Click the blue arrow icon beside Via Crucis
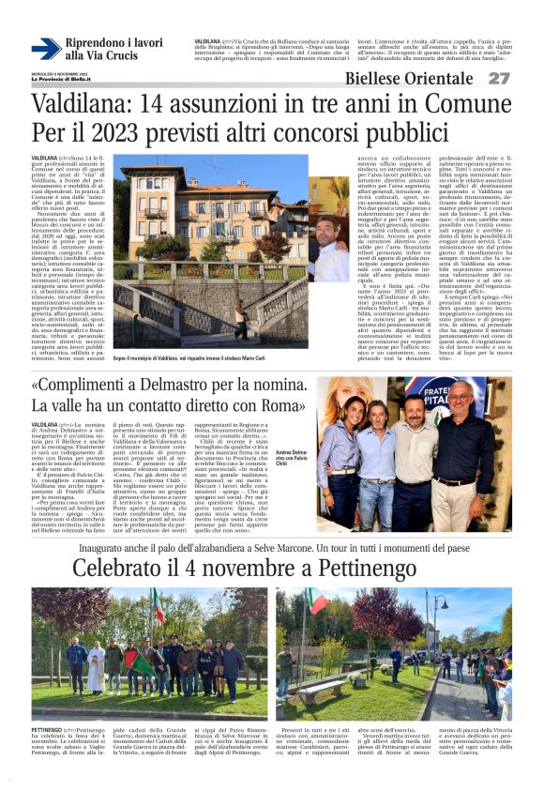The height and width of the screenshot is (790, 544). pos(46,49)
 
